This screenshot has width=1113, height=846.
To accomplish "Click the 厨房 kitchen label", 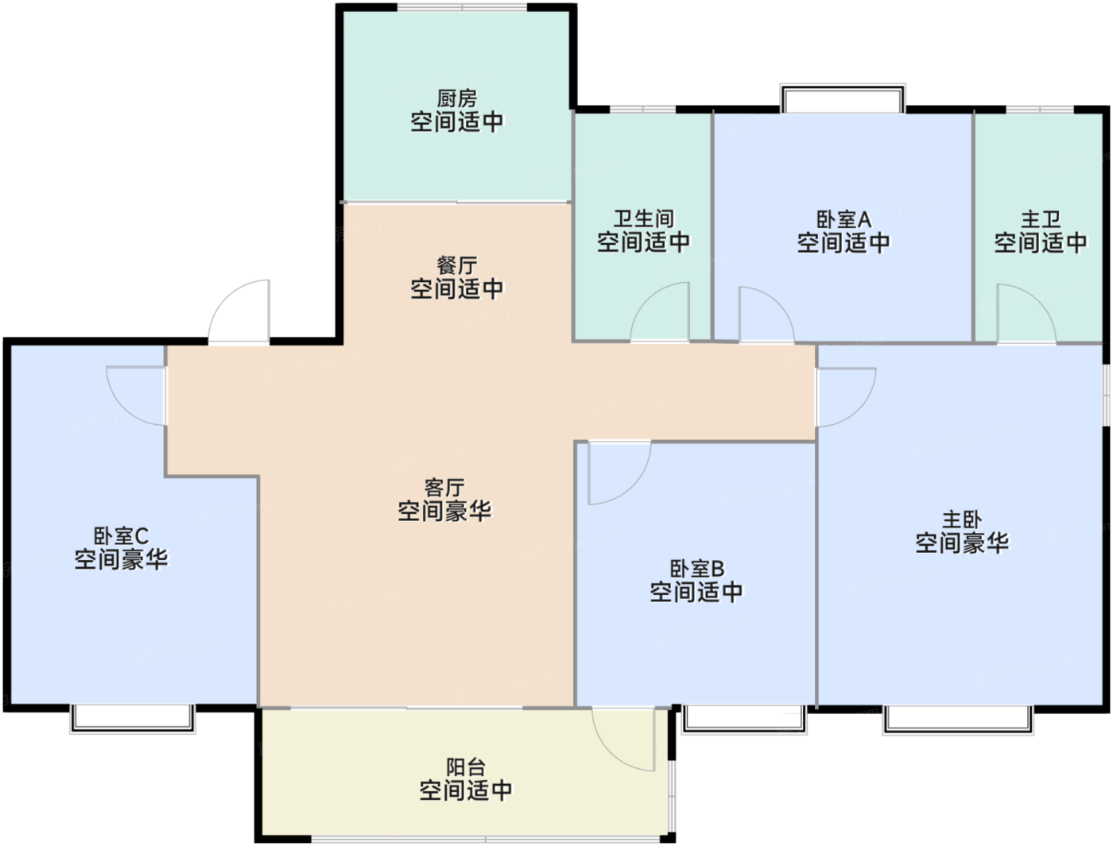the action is point(457,99).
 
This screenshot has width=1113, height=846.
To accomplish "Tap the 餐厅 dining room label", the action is point(457,266).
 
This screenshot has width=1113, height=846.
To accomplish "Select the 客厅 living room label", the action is point(444,488).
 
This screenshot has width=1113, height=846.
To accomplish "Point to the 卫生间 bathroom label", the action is point(643,218).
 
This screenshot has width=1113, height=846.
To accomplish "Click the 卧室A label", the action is point(843,219).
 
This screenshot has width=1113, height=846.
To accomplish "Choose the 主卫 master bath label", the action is point(1041,219).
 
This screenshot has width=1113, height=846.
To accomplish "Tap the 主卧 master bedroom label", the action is point(962,520).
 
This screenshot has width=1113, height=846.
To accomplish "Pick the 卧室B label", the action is point(696,569).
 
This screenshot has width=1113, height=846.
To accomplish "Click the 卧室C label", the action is point(121,535).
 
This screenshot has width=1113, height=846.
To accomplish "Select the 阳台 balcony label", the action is point(466,767).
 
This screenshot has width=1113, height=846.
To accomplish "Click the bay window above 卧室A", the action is point(843,98).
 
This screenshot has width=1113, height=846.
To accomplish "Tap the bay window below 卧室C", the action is point(132,720).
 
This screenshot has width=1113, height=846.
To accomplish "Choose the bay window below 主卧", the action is point(958,720).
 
